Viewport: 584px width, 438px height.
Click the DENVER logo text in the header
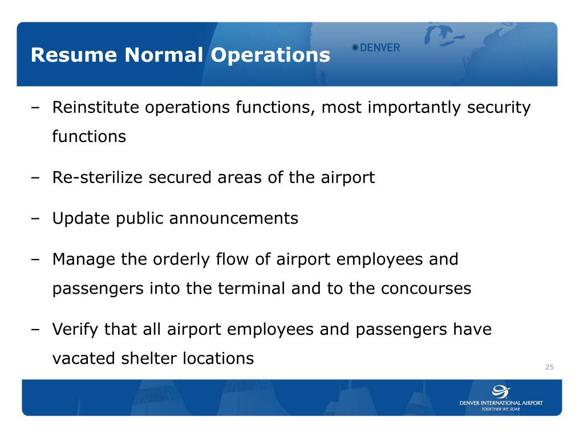click(x=380, y=48)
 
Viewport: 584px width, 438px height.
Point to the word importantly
click(x=415, y=107)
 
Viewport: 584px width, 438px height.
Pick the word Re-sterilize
click(x=98, y=177)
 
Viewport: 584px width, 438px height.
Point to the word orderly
click(x=182, y=259)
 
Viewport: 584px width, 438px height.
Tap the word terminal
click(x=251, y=289)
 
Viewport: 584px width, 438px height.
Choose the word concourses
click(x=426, y=289)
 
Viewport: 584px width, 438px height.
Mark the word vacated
click(x=83, y=359)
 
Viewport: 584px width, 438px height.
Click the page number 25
click(x=549, y=367)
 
